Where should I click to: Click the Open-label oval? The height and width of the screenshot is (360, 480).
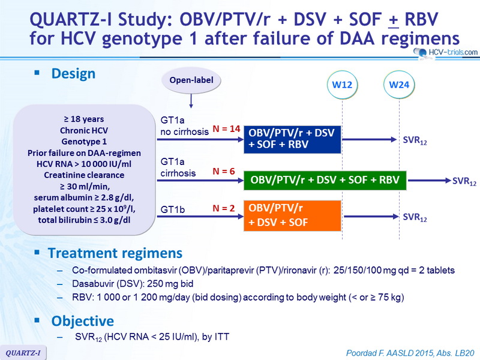coord(191,80)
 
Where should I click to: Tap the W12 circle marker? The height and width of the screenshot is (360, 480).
coord(342,85)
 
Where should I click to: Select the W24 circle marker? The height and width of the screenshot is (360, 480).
coord(399,85)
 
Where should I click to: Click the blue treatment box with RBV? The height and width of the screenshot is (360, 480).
coord(292,139)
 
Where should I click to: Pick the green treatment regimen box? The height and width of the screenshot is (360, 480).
coord(325,181)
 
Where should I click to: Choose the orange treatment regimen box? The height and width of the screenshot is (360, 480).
coord(292,215)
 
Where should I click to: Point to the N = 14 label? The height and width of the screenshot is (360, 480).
coord(227,129)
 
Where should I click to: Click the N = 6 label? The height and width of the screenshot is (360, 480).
coord(224,172)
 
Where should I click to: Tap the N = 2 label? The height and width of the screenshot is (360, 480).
coord(224,208)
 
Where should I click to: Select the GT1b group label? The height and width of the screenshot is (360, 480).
coord(173,209)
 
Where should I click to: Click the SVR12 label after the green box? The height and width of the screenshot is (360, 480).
coord(464,181)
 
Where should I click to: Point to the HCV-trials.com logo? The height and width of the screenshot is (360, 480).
coord(446,53)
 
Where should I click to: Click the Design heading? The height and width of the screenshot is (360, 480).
coord(73,74)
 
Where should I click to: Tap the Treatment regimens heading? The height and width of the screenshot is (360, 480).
coord(115,253)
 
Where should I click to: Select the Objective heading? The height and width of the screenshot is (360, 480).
coord(83,321)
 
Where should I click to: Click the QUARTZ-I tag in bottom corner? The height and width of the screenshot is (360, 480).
coord(23,353)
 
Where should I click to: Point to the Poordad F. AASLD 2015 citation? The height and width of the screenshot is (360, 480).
coord(410,353)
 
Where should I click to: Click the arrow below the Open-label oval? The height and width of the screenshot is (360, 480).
coord(191,101)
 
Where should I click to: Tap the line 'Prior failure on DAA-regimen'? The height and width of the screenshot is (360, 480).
coord(84,153)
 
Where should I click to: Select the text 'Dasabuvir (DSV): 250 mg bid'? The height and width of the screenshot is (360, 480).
coord(133,284)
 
